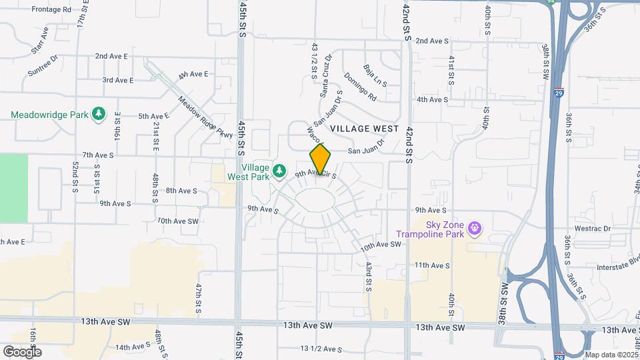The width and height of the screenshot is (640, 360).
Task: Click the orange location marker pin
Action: pyautogui.click(x=320, y=159)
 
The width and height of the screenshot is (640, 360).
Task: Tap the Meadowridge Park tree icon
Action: pyautogui.click(x=99, y=114)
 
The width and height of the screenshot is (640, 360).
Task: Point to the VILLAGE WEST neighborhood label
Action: pyautogui.click(x=364, y=128)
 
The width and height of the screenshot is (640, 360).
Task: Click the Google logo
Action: pyautogui.click(x=22, y=351)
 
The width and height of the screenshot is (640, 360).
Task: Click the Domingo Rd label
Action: pyautogui.click(x=361, y=87)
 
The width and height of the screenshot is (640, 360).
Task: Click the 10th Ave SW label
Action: pyautogui.click(x=381, y=245)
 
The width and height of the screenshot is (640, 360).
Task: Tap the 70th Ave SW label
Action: pyautogui.click(x=178, y=221)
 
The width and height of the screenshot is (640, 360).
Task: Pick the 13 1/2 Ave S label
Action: pyautogui.click(x=321, y=349)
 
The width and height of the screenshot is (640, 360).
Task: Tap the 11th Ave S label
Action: pyautogui.click(x=432, y=265)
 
